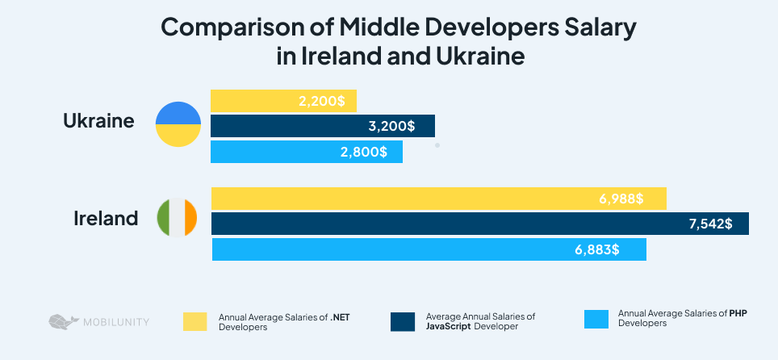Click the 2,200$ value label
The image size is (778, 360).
click(x=321, y=102)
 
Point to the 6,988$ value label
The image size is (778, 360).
click(x=621, y=199)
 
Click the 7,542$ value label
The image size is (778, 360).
click(x=709, y=224)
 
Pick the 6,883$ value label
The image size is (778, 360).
click(x=597, y=249)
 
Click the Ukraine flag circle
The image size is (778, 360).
click(x=178, y=124)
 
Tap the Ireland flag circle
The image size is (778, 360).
click(x=178, y=218)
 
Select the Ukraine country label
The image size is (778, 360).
click(x=98, y=122)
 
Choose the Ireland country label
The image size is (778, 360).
click(x=106, y=218)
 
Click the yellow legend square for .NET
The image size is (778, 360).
click(x=195, y=321)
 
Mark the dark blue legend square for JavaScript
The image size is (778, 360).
click(x=402, y=321)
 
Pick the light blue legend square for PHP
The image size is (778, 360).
click(x=595, y=318)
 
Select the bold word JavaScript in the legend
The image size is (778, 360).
click(x=449, y=327)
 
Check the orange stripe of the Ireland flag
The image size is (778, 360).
click(x=190, y=218)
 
